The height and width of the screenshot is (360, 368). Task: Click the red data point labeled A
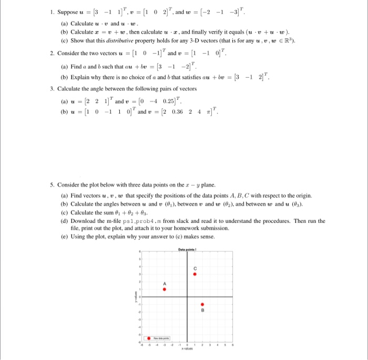[165, 289]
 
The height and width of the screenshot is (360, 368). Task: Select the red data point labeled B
[203, 304]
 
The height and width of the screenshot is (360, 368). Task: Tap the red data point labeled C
[195, 273]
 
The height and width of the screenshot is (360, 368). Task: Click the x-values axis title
[187, 349]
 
